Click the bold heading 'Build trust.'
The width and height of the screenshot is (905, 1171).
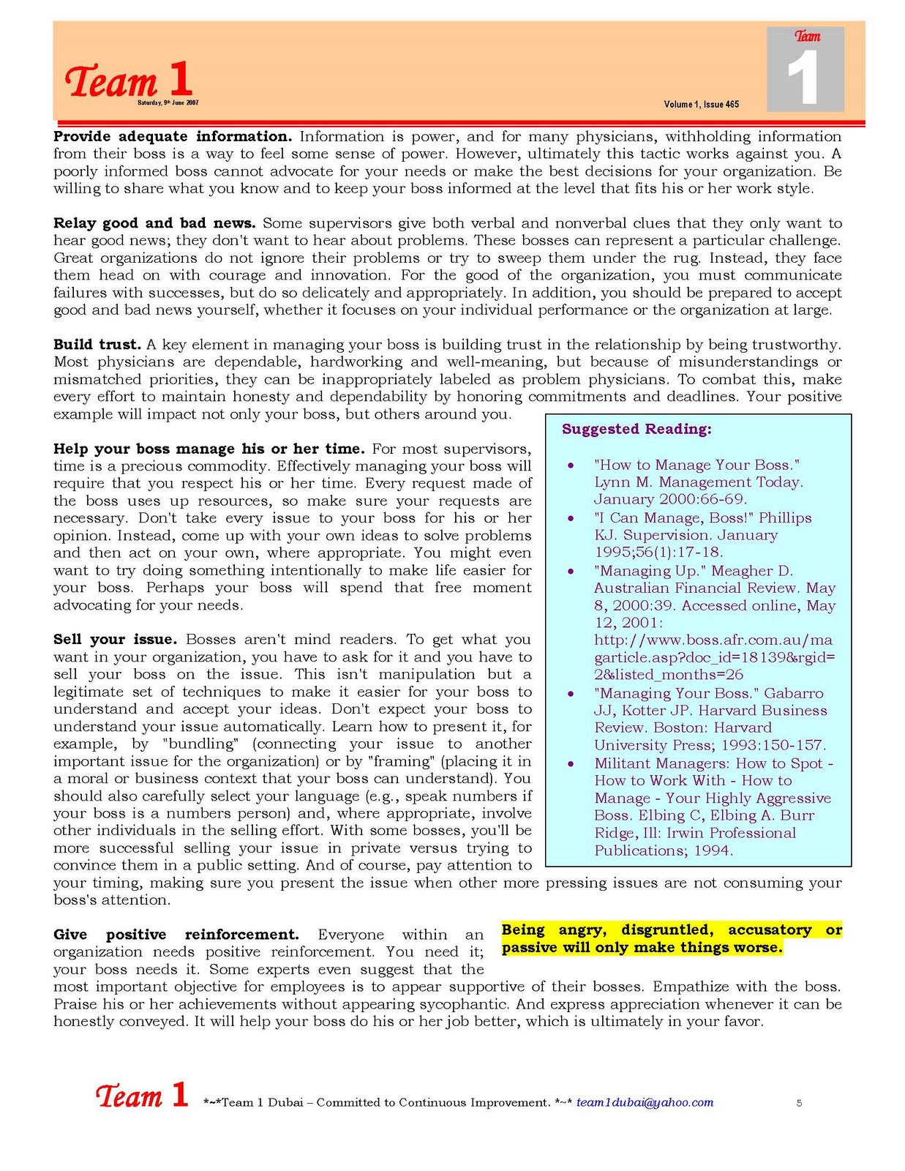(x=97, y=345)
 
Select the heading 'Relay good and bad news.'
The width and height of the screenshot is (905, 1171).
(x=154, y=223)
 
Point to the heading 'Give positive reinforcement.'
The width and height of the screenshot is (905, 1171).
(x=176, y=935)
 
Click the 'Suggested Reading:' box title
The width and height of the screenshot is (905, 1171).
(x=636, y=430)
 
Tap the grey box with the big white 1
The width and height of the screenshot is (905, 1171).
(x=806, y=70)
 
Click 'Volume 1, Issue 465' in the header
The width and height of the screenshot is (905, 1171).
(x=701, y=105)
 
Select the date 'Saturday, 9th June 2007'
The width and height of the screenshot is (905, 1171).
(x=168, y=103)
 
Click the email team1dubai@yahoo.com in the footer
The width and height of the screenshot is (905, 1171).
(x=645, y=1103)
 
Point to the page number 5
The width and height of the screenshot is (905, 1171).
(x=799, y=1103)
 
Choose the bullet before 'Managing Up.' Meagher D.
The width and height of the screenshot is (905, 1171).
(x=571, y=572)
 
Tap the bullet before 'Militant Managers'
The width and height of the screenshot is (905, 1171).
(x=571, y=764)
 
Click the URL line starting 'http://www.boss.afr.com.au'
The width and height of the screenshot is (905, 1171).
(x=713, y=640)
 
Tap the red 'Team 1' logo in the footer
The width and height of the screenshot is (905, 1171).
(x=142, y=1096)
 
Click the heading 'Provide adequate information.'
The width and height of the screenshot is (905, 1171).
(x=173, y=137)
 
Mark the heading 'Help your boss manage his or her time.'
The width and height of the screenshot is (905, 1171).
(x=209, y=449)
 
